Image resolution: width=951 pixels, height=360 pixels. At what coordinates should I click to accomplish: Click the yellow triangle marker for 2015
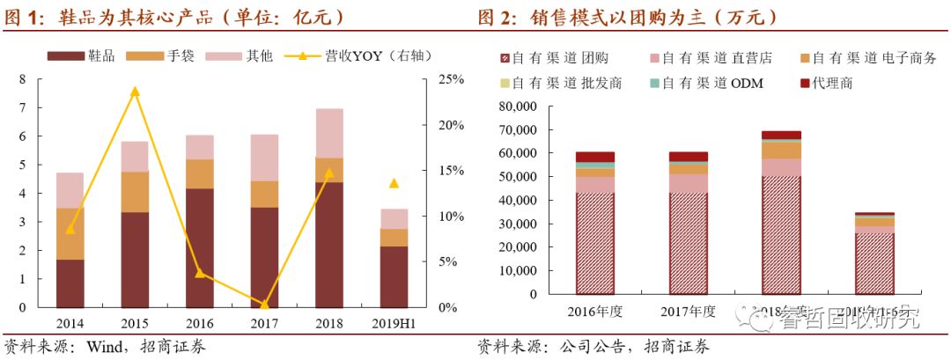(135, 91)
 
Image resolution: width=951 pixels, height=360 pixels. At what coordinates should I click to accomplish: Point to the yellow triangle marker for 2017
(264, 304)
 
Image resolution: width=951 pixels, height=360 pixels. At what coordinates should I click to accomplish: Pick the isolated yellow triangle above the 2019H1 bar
(394, 183)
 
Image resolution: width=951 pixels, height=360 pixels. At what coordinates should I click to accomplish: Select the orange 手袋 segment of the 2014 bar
(70, 233)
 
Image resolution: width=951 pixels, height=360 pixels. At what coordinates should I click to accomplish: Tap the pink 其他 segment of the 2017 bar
(264, 158)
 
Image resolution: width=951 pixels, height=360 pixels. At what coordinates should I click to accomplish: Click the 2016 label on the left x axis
(199, 323)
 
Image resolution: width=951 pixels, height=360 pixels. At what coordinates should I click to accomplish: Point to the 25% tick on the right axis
(451, 79)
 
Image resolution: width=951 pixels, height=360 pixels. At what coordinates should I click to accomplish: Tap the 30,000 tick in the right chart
(515, 224)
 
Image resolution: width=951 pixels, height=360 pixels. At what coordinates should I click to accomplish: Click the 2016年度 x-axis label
(595, 311)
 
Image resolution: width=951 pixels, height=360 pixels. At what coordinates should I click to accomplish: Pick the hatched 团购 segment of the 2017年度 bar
(688, 242)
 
